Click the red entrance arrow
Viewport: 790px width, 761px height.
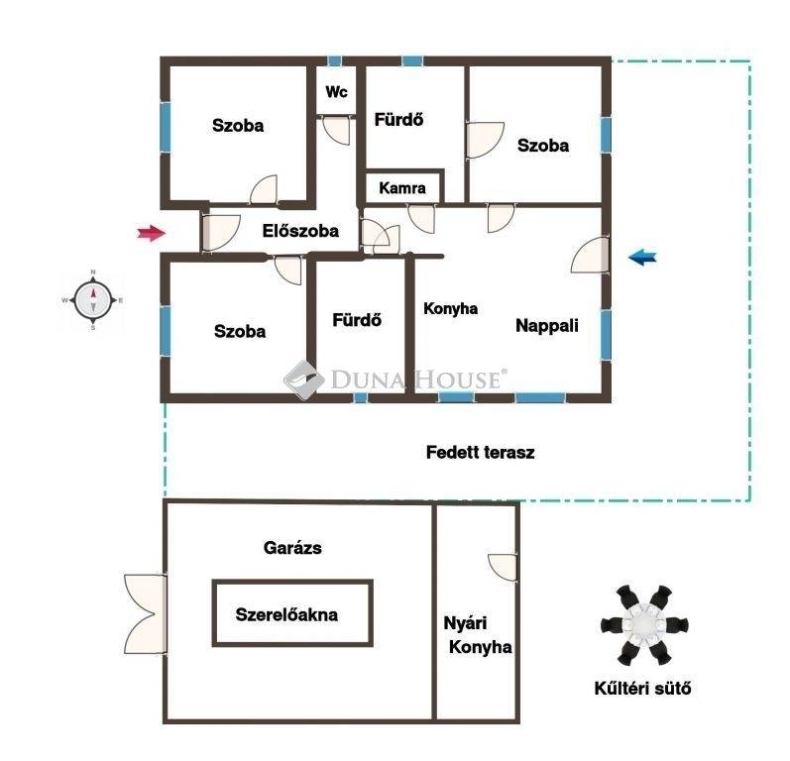click(x=150, y=234)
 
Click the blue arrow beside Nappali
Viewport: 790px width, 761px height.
click(x=641, y=258)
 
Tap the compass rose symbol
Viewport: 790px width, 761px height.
click(x=92, y=298)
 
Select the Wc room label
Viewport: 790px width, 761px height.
click(x=337, y=93)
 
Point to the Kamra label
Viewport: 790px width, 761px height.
click(x=402, y=187)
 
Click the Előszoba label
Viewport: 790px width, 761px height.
click(x=300, y=231)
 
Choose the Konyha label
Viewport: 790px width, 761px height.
click(x=450, y=308)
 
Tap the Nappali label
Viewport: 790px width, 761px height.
click(x=546, y=324)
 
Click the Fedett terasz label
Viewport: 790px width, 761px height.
click(x=480, y=452)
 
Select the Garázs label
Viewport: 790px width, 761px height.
click(x=292, y=547)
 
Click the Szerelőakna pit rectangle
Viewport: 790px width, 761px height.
click(x=292, y=613)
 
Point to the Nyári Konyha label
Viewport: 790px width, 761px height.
click(x=478, y=636)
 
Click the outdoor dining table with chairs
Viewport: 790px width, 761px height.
click(x=636, y=625)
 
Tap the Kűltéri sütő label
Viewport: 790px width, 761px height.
click(x=636, y=689)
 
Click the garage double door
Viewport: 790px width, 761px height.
click(x=143, y=613)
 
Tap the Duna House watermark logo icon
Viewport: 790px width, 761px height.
click(x=304, y=379)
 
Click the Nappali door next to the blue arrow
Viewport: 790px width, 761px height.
click(x=591, y=255)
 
